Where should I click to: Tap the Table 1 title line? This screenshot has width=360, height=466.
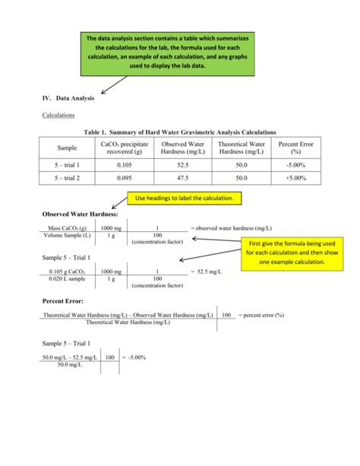click(180, 132)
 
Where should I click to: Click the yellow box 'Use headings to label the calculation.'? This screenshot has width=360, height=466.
click(184, 199)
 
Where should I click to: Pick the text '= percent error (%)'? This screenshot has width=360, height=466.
click(261, 315)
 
